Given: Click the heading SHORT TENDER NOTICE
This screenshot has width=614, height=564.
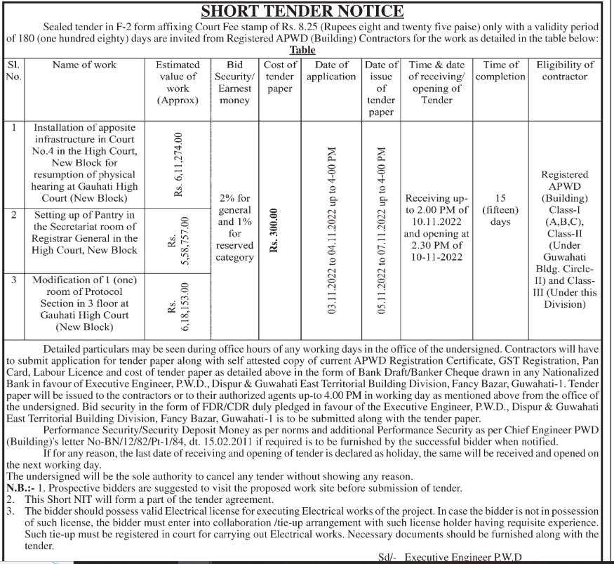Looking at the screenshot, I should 302,11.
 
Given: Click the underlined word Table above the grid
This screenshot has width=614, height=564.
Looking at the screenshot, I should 302,50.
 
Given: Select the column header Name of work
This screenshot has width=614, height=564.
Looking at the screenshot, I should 85,65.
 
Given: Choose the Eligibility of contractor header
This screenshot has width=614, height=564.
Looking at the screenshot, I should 565,70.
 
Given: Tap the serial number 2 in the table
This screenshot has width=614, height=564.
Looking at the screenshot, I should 14,214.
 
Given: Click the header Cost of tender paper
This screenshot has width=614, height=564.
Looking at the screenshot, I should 280,77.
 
